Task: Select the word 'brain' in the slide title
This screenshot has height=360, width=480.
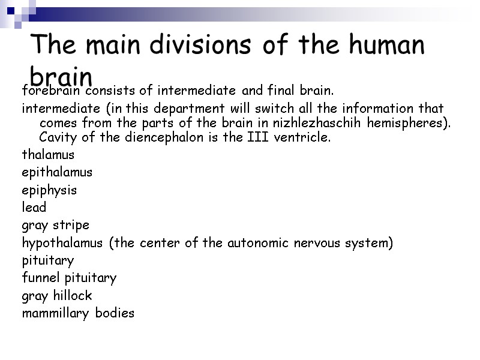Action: click(61, 77)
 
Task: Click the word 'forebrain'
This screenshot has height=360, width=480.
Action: click(50, 91)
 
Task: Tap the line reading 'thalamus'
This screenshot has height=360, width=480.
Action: click(48, 155)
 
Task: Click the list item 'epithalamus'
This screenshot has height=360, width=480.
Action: click(57, 173)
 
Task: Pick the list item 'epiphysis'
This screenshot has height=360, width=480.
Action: click(49, 191)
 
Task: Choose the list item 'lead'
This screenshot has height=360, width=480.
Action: click(34, 208)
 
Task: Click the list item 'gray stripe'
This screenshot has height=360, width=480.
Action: click(55, 226)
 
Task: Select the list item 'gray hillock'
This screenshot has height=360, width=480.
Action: click(57, 296)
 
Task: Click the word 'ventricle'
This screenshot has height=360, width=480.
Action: click(304, 137)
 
